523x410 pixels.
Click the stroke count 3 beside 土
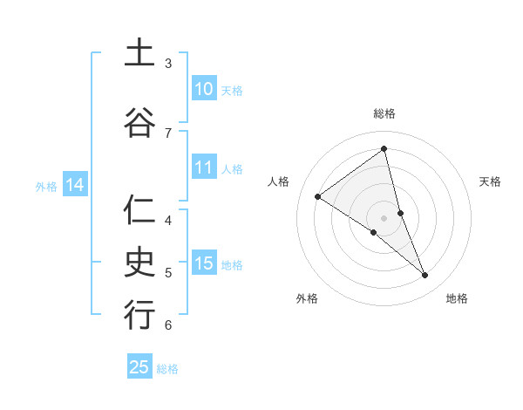168,64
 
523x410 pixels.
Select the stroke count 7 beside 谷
168,133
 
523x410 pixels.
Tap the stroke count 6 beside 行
168,325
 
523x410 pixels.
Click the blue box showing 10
203,89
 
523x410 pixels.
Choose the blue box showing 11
203,167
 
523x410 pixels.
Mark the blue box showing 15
203,263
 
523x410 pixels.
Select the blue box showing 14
74,185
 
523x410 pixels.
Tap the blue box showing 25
139,367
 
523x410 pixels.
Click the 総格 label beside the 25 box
167,369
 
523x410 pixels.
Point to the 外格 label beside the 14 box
46,186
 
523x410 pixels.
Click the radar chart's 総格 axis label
384,113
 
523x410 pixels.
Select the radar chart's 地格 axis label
457,298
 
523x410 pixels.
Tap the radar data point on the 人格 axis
318,196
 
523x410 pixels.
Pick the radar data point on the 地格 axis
425,275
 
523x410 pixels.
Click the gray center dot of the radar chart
384,217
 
